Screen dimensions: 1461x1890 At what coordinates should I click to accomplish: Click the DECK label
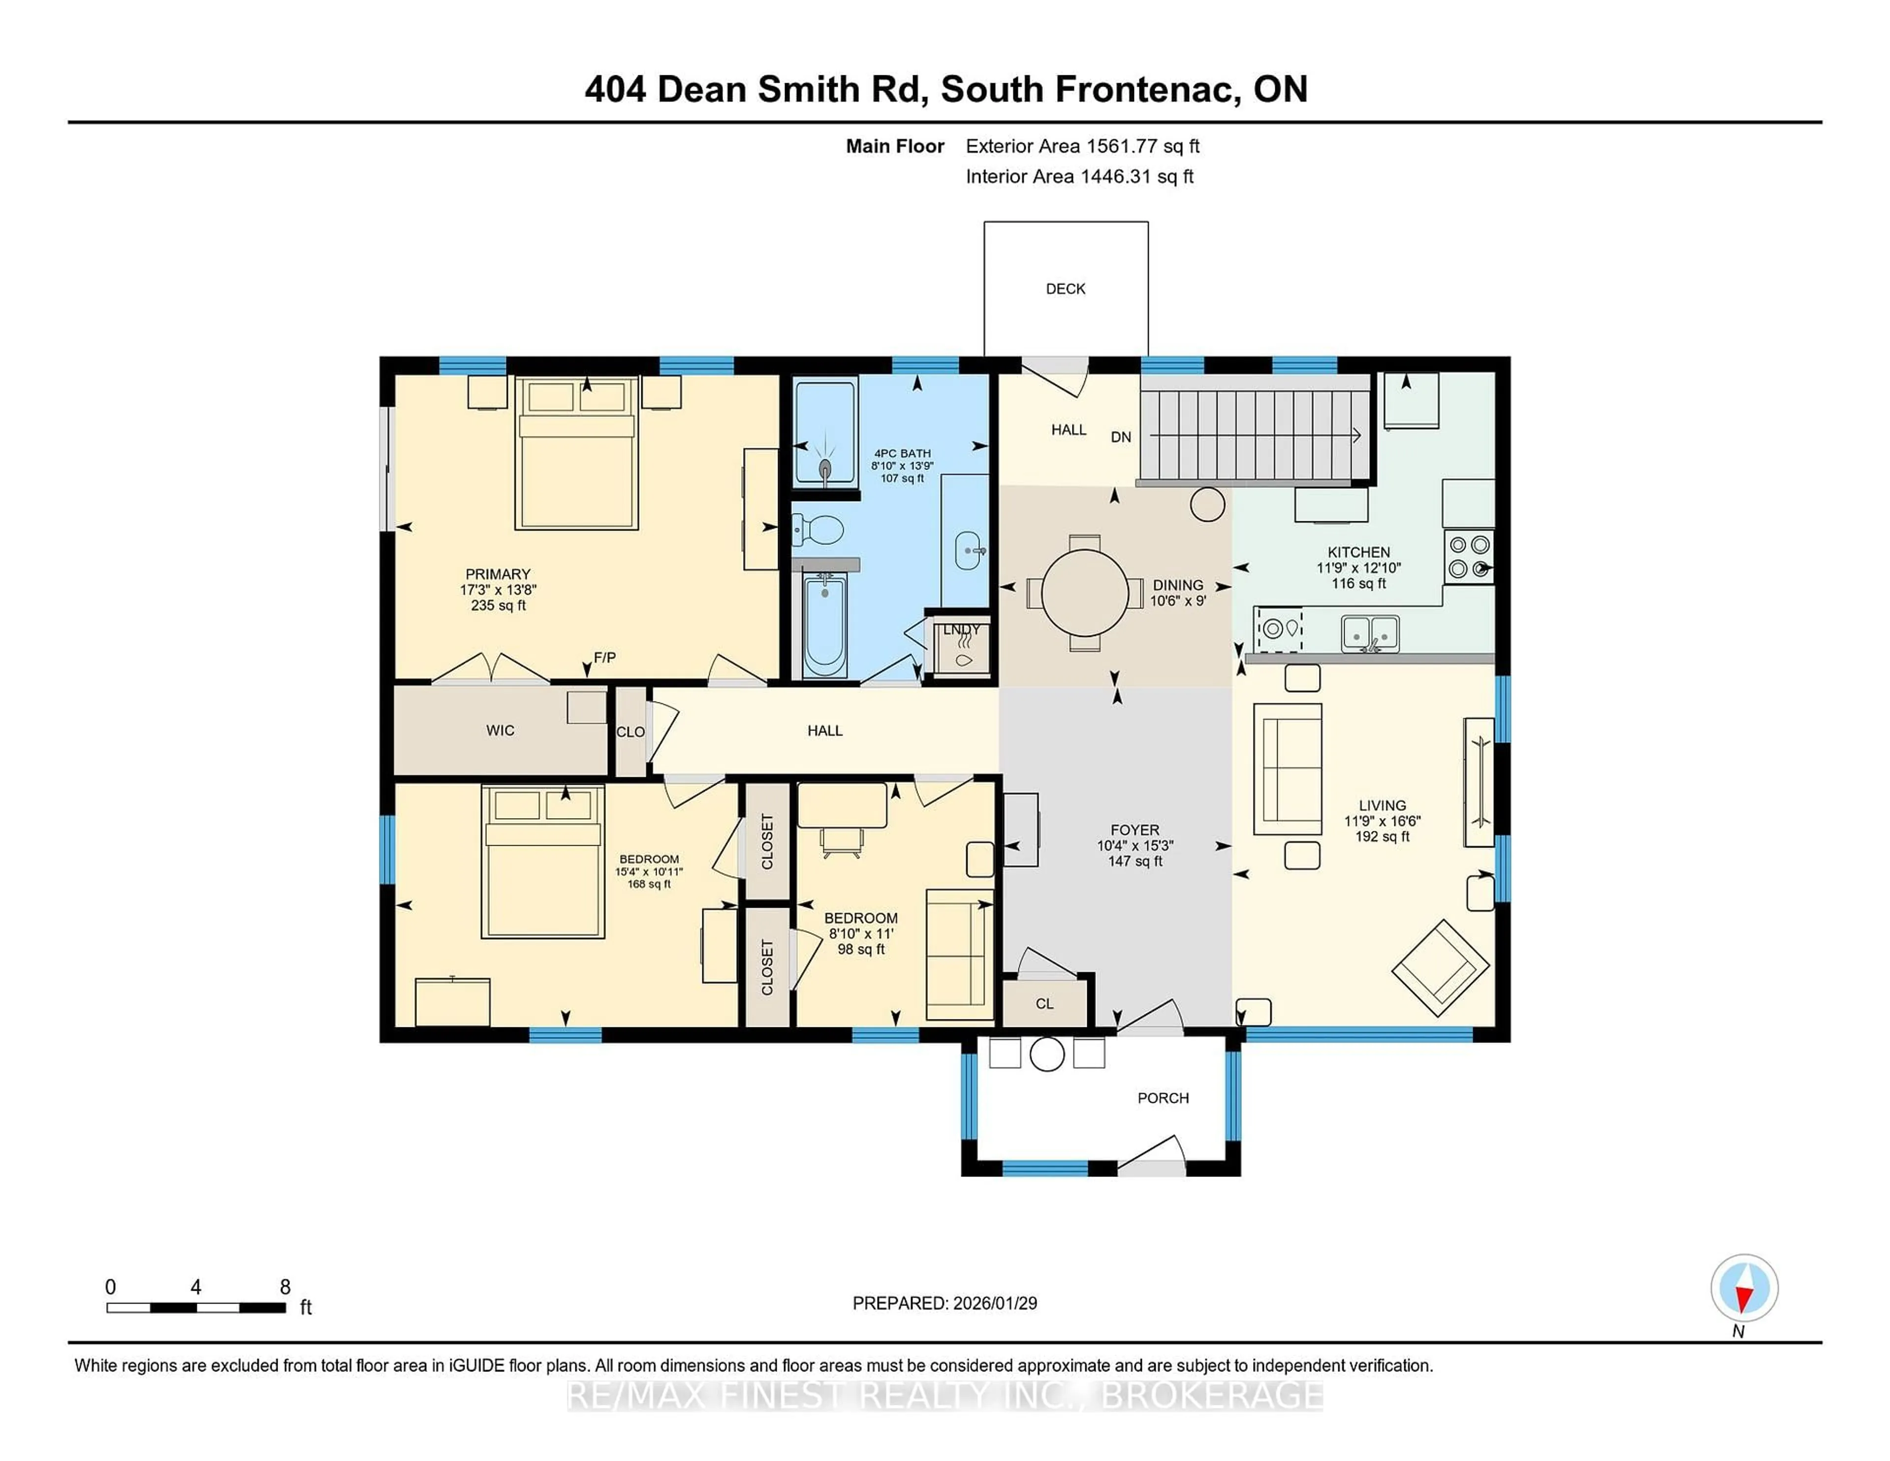[1065, 289]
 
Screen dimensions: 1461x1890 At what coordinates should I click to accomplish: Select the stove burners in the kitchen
[1469, 557]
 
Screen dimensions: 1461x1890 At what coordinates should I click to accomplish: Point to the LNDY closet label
[961, 629]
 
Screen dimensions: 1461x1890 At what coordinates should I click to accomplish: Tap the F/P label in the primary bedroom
[605, 658]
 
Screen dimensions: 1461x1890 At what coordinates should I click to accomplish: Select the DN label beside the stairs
[1121, 437]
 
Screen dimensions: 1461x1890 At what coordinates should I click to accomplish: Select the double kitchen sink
[1370, 633]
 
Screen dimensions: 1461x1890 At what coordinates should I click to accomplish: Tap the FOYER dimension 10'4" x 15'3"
[1134, 846]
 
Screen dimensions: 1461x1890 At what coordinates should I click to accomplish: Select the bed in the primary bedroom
[576, 453]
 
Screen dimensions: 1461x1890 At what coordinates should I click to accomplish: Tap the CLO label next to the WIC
[630, 731]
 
